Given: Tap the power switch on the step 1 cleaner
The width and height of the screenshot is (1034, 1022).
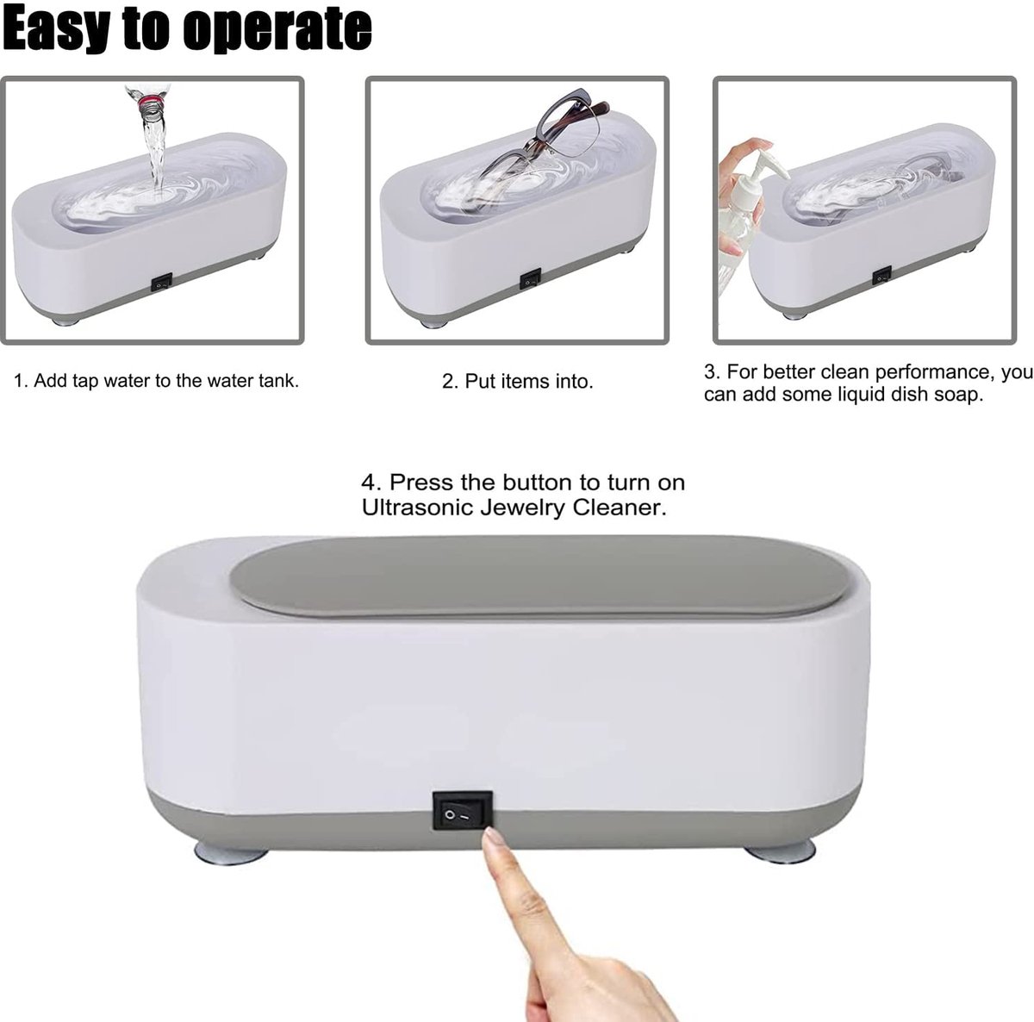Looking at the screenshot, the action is (x=161, y=281).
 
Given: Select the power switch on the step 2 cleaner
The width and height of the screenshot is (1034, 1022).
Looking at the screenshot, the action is (x=530, y=280).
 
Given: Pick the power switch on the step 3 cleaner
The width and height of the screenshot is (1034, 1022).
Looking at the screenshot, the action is (x=881, y=277).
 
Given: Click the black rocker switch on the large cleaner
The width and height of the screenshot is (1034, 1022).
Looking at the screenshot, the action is (x=463, y=810).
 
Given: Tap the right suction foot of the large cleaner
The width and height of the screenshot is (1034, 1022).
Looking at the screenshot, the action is (x=781, y=851).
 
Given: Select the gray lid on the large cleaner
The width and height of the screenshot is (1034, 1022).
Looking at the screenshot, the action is (x=539, y=576).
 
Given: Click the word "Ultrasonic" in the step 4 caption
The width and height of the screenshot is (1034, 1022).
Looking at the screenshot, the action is (x=418, y=508).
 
